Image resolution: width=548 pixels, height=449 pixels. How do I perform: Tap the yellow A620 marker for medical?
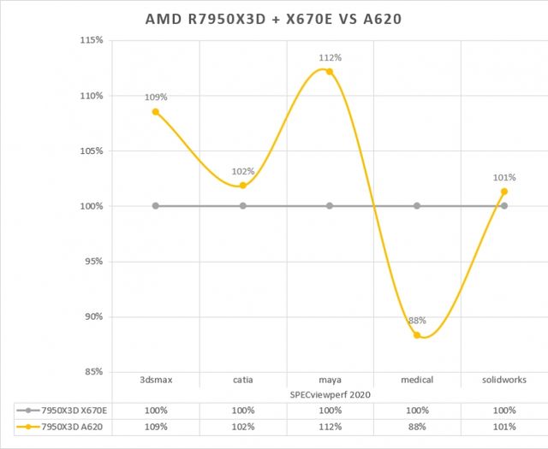pos(417,335)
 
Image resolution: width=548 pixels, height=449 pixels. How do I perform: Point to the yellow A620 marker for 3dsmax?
pos(156,112)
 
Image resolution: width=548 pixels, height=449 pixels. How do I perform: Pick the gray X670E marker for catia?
pos(243,206)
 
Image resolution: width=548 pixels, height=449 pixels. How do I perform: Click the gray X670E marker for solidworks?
pos(503,206)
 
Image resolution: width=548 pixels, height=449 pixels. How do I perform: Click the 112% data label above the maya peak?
pos(331,58)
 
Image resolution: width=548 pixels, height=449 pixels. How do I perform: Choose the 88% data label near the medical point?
pos(417,321)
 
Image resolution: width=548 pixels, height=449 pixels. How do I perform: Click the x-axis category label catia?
pos(243,380)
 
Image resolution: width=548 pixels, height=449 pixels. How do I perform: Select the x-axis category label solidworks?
pos(503,380)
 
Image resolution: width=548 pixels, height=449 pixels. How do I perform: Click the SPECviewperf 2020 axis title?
pos(330,393)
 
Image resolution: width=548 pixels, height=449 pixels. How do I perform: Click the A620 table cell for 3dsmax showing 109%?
pos(156,426)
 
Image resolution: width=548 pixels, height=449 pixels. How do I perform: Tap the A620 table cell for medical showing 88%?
pos(417,426)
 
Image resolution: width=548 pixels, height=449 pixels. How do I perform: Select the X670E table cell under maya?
pos(330,410)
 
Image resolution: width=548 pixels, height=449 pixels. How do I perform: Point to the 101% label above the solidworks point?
pos(503,178)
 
